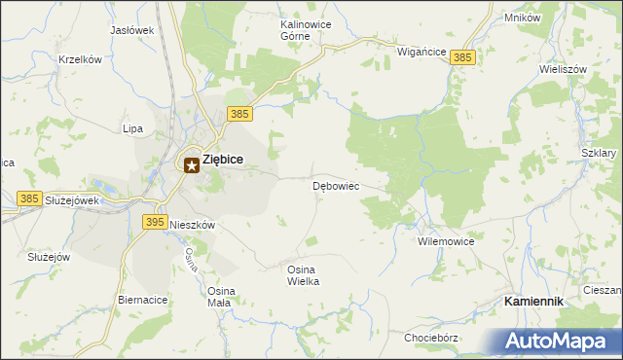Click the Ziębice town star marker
point(192,165)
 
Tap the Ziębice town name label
point(223,161)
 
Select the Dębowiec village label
point(337,185)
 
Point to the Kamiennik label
point(534,302)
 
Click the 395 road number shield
point(154,222)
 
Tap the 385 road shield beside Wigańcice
point(463,58)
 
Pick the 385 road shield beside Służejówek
point(29,198)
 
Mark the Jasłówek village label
point(132,30)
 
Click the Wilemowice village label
point(445,240)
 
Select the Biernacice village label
point(142,300)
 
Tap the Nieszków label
point(192,224)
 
